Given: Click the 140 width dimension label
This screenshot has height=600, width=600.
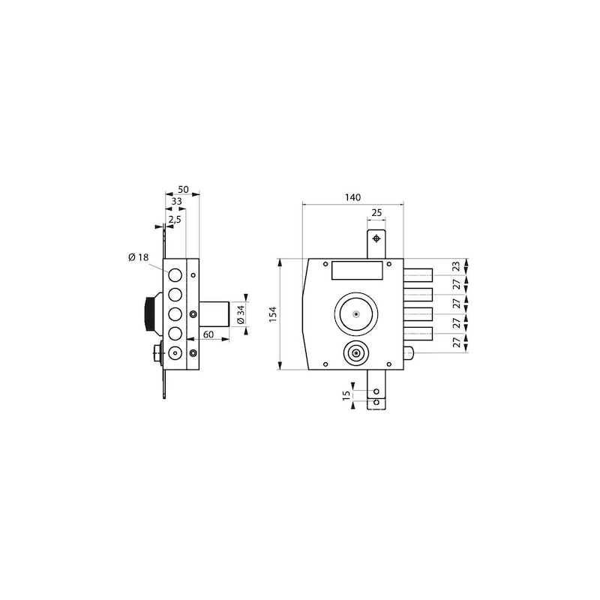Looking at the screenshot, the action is coord(352,197).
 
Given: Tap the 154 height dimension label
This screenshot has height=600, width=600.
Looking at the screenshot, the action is coord(273,314).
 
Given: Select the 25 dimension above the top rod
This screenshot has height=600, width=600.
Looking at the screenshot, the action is coord(376,213).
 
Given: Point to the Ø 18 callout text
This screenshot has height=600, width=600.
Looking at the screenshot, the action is coord(139,257).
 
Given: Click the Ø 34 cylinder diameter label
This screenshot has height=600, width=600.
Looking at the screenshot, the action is coord(241,314).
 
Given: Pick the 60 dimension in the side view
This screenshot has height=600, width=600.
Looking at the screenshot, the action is coord(208,334).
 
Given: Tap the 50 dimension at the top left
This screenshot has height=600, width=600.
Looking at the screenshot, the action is coord(183,190).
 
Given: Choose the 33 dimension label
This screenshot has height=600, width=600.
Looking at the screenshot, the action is coord(176,201).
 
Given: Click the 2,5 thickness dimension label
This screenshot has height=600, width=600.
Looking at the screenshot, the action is coord(175,220).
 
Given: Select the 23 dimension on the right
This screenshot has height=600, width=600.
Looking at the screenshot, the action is coord(456,267).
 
